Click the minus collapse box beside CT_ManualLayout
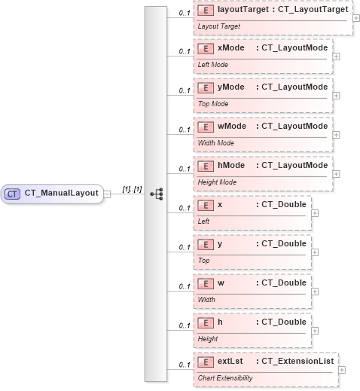108,194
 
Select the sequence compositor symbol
156,194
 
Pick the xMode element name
230,48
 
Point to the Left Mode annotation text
213,65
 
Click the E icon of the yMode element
204,87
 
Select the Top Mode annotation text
212,104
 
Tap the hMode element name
230,166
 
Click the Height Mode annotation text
218,182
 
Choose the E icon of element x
204,205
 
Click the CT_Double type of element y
281,244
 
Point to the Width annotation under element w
206,300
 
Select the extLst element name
230,362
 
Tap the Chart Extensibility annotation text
225,378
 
